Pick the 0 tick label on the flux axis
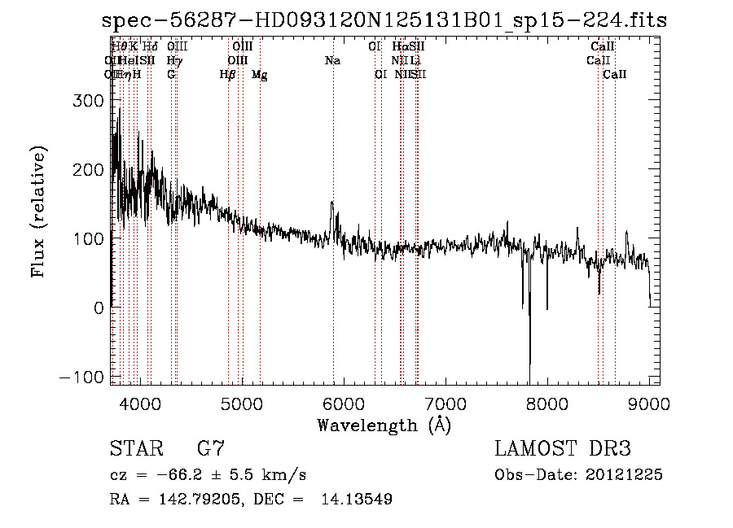99,308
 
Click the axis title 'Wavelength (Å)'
384,425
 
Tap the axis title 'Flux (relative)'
39,211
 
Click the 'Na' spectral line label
332,60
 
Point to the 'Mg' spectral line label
259,75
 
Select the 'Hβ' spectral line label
228,75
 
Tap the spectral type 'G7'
210,448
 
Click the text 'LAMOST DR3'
563,448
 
